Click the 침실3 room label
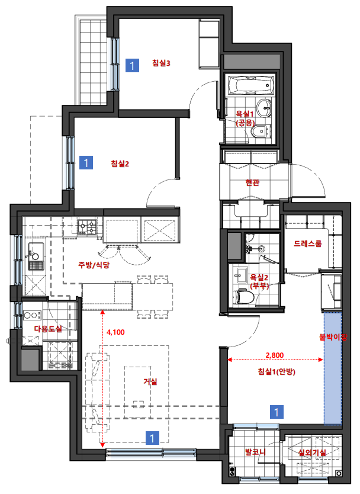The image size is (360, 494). [161, 63]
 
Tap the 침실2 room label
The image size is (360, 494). [120, 163]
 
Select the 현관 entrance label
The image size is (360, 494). [252, 182]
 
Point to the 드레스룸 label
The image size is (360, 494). [308, 243]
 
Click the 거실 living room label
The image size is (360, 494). [150, 381]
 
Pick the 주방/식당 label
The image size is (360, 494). [94, 265]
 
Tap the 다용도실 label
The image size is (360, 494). [48, 329]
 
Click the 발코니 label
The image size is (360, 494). [255, 452]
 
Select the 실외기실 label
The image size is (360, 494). [312, 453]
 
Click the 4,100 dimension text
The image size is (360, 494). [115, 332]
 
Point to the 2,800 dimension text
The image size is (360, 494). [275, 355]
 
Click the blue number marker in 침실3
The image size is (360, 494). [132, 65]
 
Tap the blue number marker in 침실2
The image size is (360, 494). [86, 162]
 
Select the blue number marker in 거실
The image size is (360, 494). [152, 438]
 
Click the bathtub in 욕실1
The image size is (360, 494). [250, 86]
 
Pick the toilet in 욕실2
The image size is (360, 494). [245, 297]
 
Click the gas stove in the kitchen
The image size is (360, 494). [87, 227]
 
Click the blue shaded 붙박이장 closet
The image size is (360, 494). [333, 368]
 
